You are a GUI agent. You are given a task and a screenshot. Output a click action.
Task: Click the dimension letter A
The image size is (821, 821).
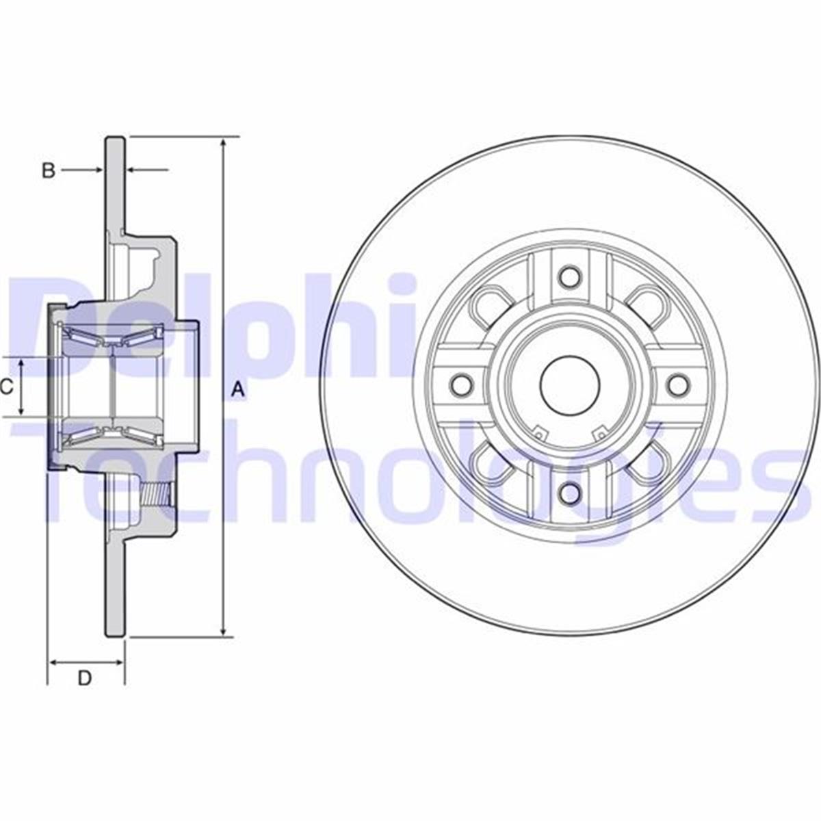(x=237, y=390)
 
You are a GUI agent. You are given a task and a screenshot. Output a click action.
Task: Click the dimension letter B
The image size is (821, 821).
(x=48, y=170)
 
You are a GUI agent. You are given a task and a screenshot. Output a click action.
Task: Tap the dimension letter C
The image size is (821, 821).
(x=6, y=387)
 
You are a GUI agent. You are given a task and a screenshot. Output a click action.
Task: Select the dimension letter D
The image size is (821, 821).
(x=84, y=678)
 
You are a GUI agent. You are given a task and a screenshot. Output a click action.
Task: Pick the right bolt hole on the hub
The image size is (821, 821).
(x=677, y=385)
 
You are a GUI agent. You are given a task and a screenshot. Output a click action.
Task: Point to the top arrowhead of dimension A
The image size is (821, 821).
(x=223, y=144)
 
